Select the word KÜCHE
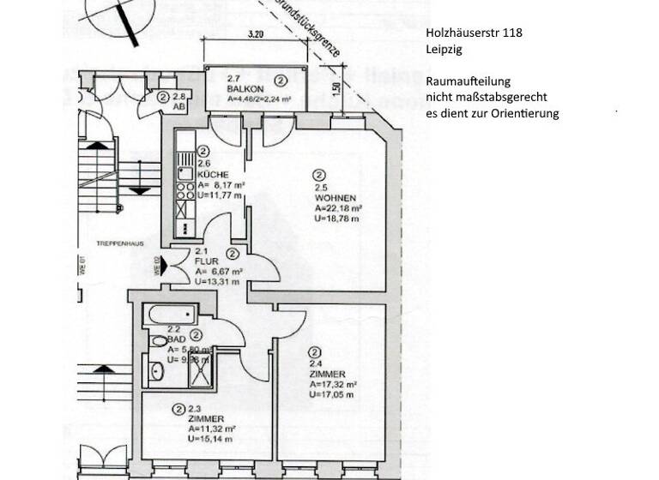[211, 173]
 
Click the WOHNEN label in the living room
[332, 197]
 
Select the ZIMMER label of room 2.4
[329, 375]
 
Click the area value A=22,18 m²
[337, 207]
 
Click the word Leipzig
[444, 50]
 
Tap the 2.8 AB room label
[179, 102]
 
